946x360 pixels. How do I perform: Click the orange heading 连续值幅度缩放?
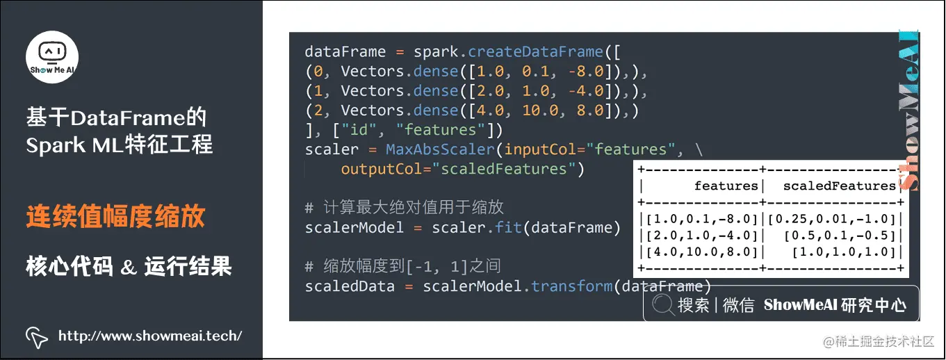115,216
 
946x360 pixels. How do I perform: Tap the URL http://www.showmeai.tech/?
150,336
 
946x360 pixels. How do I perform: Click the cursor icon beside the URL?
37,336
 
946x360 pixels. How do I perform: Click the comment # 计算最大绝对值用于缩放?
404,208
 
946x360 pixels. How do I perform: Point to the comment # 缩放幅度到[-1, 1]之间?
402,267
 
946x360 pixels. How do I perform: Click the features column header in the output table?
726,186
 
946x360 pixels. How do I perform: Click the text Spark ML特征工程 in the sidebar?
120,145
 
